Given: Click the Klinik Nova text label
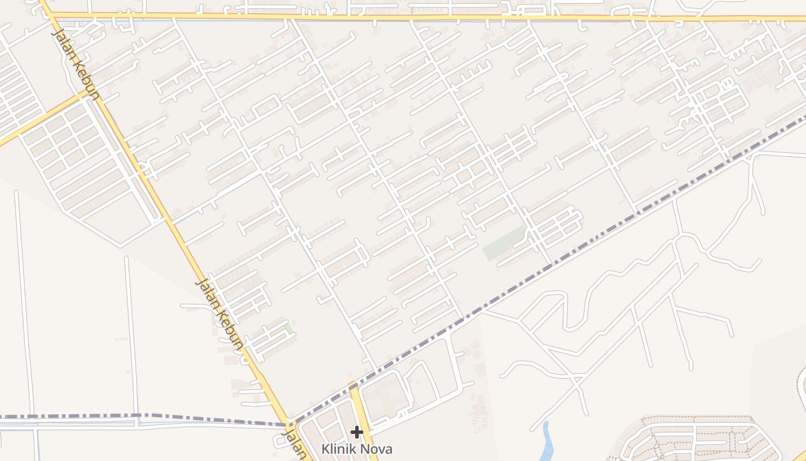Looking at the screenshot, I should pos(356,448).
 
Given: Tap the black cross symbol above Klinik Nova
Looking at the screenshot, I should pos(357,432).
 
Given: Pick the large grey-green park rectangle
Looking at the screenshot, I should pos(504,243).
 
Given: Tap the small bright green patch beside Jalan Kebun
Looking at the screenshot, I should pos(287,328).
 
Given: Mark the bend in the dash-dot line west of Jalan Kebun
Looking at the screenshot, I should pos(138,415).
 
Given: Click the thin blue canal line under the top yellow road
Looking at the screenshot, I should pos(173,21).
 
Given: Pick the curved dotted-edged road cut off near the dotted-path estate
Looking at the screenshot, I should pos(800,380).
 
